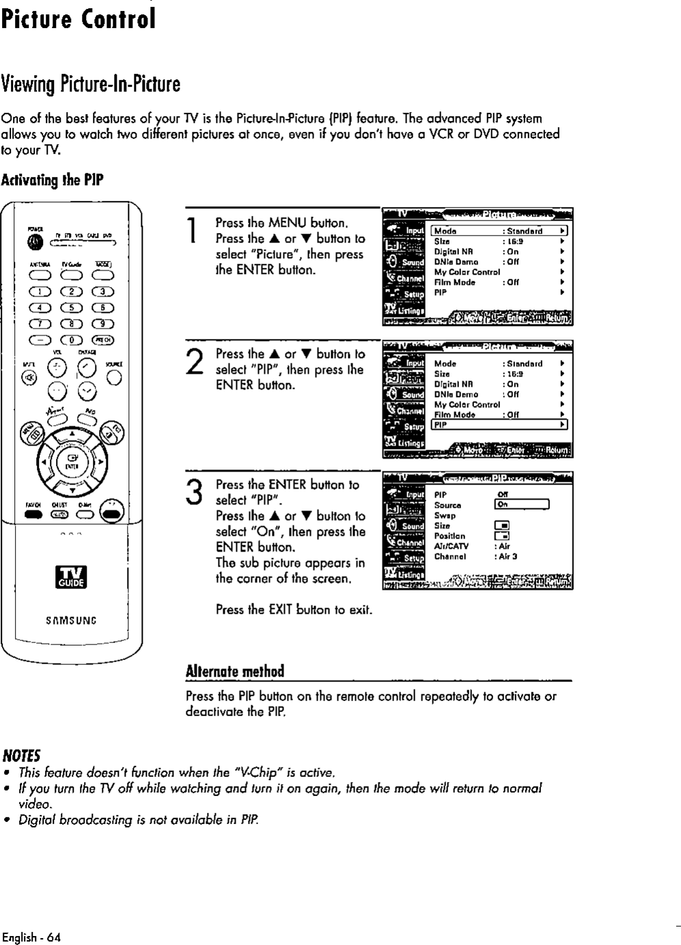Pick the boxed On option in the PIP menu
click(522, 505)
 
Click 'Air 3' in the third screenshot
click(507, 556)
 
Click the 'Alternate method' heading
click(234, 671)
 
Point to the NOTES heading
click(21, 755)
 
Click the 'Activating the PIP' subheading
click(52, 181)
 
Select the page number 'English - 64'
click(31, 937)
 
